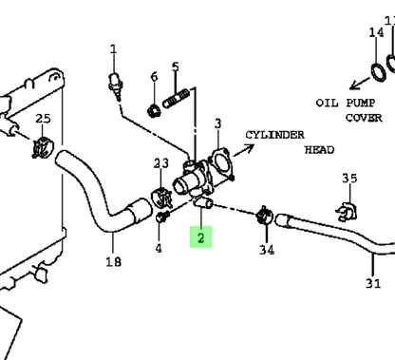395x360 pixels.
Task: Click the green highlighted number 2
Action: pyautogui.click(x=200, y=237)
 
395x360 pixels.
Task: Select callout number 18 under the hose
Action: pyautogui.click(x=113, y=262)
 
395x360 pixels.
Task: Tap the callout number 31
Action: pyautogui.click(x=373, y=283)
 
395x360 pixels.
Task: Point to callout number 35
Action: pyautogui.click(x=349, y=179)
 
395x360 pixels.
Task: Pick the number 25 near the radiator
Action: pyautogui.click(x=43, y=119)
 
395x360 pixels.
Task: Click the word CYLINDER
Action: pyautogui.click(x=274, y=135)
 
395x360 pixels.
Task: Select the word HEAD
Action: pyautogui.click(x=319, y=150)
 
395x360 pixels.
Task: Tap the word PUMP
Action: pyautogui.click(x=360, y=103)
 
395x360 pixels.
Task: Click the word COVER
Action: pyautogui.click(x=364, y=118)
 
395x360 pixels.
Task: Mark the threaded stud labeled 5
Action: pyautogui.click(x=177, y=98)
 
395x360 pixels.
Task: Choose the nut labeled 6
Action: pyautogui.click(x=154, y=111)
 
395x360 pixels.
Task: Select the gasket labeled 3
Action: pyautogui.click(x=222, y=164)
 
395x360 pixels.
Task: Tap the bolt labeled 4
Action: pyautogui.click(x=161, y=218)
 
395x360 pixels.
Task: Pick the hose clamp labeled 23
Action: pyautogui.click(x=161, y=198)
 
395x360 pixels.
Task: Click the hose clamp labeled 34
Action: pyautogui.click(x=265, y=216)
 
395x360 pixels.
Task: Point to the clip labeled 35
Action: pyautogui.click(x=347, y=211)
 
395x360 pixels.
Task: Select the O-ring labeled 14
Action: pyautogui.click(x=379, y=73)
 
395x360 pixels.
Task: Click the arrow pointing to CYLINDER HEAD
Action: pyautogui.click(x=244, y=150)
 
